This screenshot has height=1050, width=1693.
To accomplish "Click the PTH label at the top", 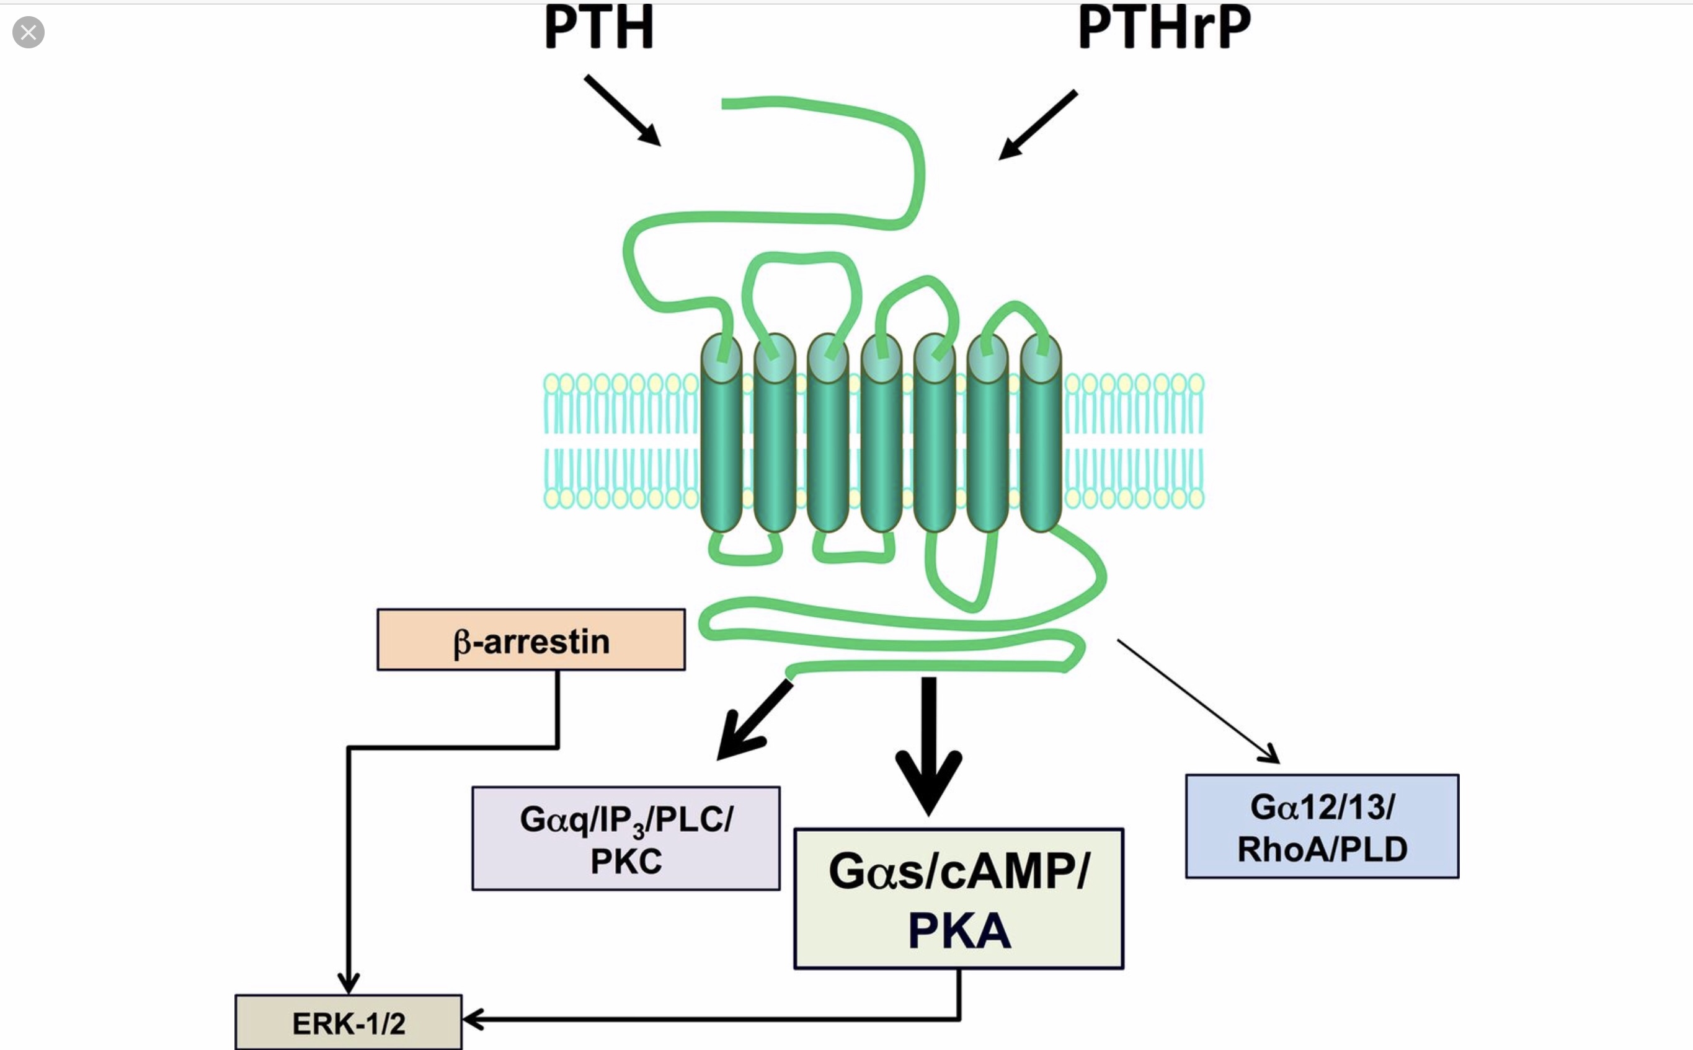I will (599, 27).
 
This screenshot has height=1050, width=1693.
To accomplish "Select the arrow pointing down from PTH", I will (622, 110).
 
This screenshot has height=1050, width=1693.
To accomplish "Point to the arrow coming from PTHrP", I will (1038, 125).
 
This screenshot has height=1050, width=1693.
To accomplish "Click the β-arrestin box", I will (531, 640).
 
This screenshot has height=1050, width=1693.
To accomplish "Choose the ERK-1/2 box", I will (348, 1022).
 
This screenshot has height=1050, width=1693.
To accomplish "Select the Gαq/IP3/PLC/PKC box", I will (625, 838).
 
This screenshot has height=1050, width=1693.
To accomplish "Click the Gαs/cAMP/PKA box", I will (958, 898).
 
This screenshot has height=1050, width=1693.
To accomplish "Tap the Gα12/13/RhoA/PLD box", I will (1322, 826).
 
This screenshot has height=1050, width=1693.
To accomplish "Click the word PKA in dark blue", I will (959, 930).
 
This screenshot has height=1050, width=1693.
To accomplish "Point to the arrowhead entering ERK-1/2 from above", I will (348, 983).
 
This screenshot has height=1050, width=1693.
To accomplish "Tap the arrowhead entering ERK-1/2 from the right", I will (473, 1020).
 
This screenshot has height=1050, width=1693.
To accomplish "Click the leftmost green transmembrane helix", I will (721, 434).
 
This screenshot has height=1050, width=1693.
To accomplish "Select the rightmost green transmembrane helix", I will (1041, 434).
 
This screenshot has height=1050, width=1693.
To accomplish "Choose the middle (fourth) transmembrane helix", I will (881, 434).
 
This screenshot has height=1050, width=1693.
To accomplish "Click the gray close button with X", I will (29, 33).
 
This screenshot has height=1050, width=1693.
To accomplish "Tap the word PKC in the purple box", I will (625, 861).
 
